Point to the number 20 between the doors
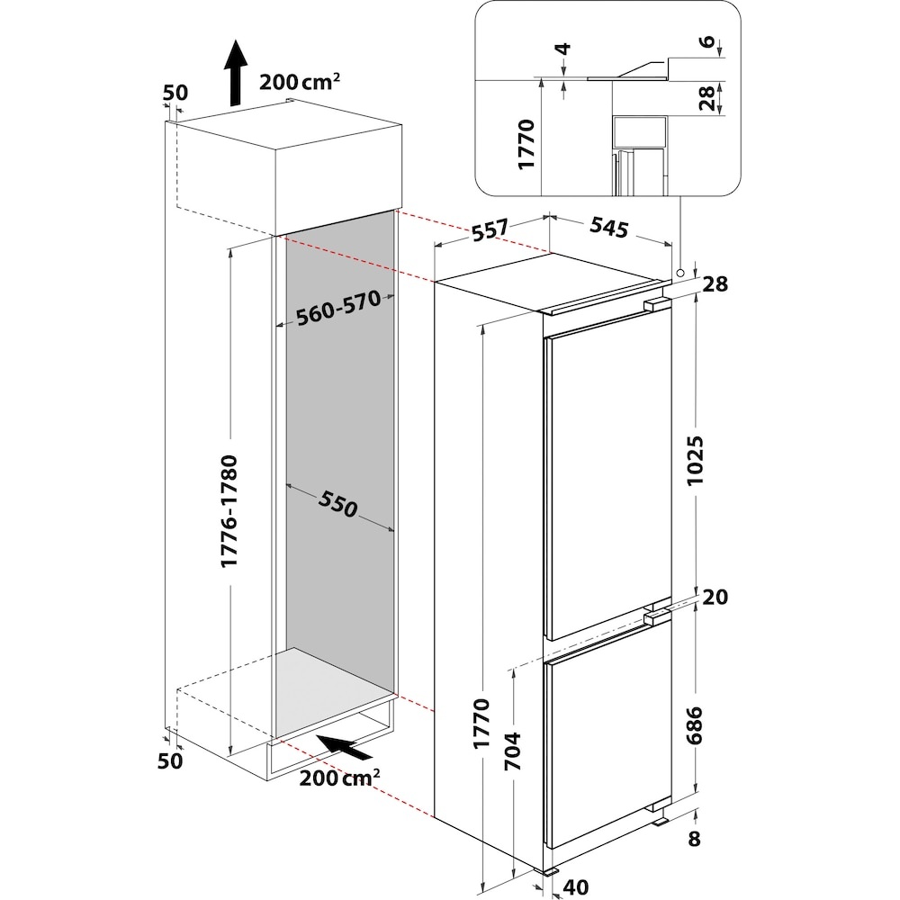(715, 597)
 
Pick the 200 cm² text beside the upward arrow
(300, 82)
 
